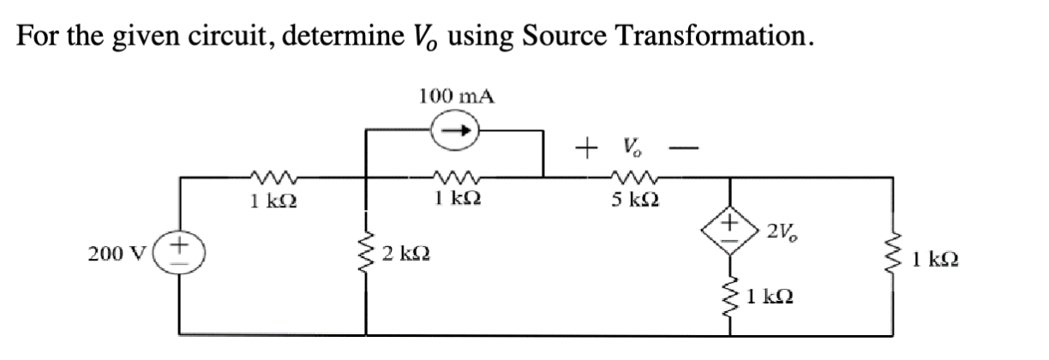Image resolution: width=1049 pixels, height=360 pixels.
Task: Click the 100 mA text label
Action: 457,95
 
